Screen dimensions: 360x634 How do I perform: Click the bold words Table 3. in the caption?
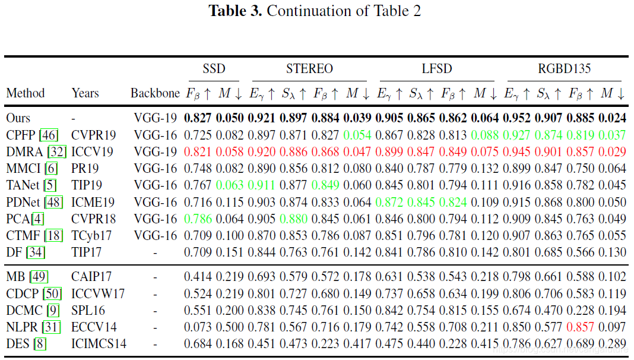(235, 11)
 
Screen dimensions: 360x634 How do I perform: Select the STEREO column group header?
(309, 68)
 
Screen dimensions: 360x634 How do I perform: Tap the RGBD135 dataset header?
(564, 68)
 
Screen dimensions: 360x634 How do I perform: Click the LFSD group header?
(437, 68)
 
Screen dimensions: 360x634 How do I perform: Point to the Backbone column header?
(155, 93)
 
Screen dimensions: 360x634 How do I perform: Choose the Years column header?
(85, 93)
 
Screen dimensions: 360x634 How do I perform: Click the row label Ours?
(18, 118)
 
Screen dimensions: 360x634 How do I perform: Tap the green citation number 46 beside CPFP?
(48, 135)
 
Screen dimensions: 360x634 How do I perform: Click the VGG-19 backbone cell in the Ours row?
(156, 118)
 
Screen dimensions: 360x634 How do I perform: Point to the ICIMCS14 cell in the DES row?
(99, 343)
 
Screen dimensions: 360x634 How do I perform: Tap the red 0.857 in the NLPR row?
(580, 326)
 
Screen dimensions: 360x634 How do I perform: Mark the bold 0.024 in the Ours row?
(612, 118)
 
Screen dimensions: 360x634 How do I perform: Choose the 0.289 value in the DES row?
(612, 343)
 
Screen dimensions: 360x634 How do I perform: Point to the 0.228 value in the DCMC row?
(580, 310)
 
